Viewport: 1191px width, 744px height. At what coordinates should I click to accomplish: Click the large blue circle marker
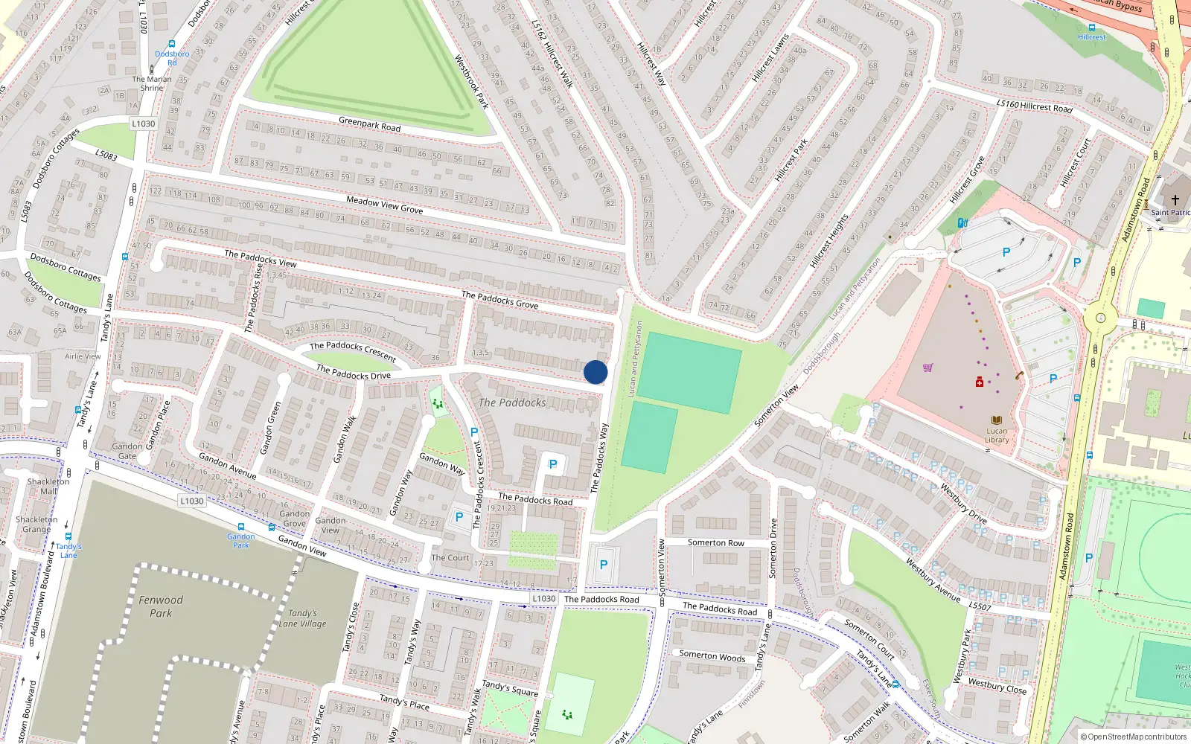(595, 372)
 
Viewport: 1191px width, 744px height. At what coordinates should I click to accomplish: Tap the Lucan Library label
(997, 435)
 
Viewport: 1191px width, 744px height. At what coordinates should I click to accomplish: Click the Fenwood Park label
(161, 606)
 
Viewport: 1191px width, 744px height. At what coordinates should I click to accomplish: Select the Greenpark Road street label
(369, 124)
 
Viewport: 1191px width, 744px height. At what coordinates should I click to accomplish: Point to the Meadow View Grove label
(384, 205)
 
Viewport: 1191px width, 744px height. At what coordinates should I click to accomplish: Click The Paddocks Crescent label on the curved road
(353, 351)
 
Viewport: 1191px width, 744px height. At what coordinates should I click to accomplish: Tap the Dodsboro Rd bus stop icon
(172, 45)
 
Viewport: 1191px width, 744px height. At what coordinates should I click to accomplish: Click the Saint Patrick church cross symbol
(1175, 200)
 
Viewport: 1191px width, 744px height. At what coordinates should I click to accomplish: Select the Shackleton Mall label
(48, 486)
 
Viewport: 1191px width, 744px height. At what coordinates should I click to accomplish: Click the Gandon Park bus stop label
(240, 540)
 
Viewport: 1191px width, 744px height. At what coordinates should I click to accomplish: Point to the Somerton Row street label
(715, 542)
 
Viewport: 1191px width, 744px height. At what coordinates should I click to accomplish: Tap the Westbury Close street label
(997, 686)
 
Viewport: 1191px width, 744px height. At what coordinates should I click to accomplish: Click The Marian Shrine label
(152, 83)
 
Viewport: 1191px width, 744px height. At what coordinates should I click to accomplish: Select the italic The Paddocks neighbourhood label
(512, 403)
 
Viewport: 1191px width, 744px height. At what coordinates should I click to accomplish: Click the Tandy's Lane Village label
(302, 618)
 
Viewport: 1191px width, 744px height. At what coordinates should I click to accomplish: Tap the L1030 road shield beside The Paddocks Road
(543, 598)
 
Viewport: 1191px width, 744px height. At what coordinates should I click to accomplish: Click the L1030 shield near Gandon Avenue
(191, 501)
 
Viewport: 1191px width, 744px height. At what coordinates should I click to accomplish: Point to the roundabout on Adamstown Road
(1100, 318)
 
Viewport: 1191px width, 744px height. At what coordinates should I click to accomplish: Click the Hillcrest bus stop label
(1091, 36)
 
